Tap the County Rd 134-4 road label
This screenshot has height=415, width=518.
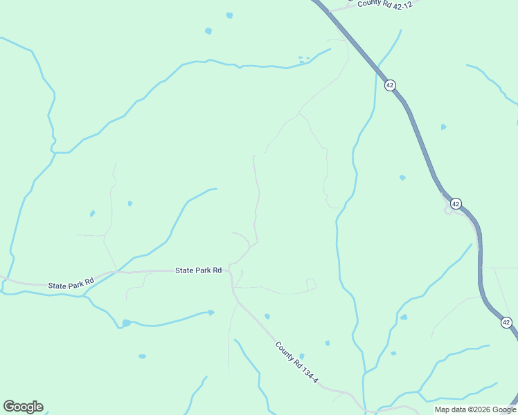(x=296, y=362)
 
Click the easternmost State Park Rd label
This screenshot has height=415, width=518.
(x=198, y=270)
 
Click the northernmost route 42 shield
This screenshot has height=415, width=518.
(x=390, y=85)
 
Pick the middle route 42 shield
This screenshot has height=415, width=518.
(x=455, y=203)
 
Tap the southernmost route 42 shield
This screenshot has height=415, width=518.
(x=506, y=322)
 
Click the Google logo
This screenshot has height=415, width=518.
(x=23, y=407)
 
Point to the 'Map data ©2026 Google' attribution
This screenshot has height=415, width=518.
(x=475, y=409)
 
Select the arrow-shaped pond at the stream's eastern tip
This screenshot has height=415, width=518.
(x=211, y=313)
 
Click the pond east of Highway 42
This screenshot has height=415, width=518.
(x=443, y=127)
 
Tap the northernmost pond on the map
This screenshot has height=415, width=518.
(x=229, y=15)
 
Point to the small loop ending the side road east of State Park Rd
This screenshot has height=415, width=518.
(x=312, y=284)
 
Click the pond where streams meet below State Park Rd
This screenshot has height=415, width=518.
(x=126, y=323)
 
